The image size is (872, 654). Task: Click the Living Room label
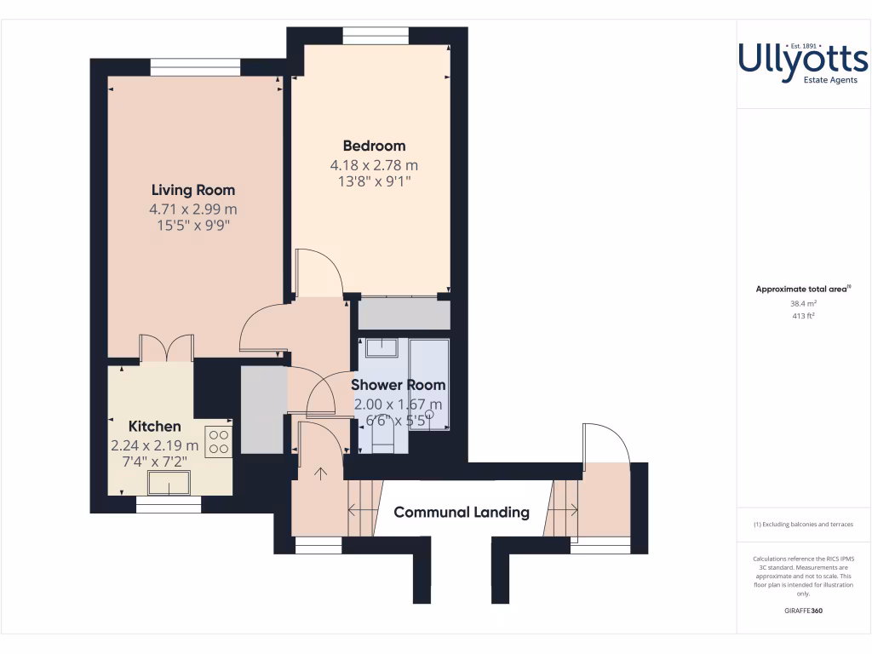(193, 190)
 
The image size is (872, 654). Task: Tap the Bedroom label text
(374, 146)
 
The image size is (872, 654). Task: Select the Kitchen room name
(154, 426)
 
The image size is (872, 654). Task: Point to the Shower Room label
(399, 385)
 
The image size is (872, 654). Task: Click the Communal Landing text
(462, 512)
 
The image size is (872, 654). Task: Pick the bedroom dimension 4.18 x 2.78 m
(374, 164)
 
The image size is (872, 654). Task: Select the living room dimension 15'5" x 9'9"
(193, 226)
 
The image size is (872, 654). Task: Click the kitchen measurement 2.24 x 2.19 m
(154, 445)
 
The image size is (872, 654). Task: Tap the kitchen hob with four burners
(218, 440)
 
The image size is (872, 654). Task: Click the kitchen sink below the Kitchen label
(169, 483)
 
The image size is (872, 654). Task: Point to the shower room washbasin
(382, 347)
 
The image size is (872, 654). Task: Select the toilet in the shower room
(382, 439)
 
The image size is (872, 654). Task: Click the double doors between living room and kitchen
(166, 349)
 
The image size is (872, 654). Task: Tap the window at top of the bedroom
(376, 36)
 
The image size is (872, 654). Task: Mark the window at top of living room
(195, 67)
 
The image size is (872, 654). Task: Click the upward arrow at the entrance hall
(320, 473)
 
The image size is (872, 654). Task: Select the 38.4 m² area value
(803, 302)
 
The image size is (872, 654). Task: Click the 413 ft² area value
(803, 315)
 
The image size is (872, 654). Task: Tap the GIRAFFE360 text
(803, 611)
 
